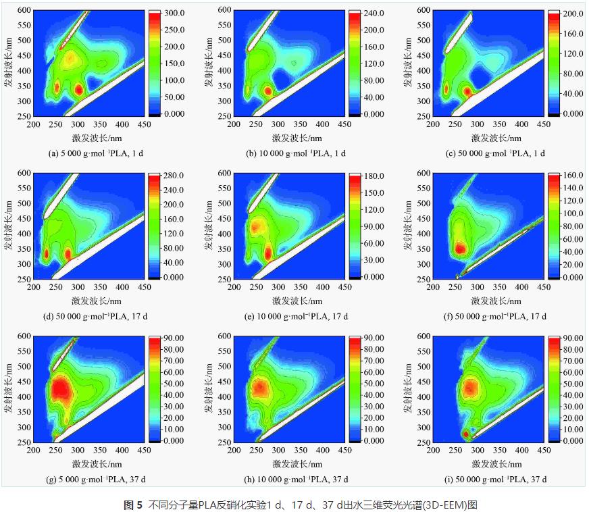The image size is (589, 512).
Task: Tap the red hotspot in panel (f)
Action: point(460,249)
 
